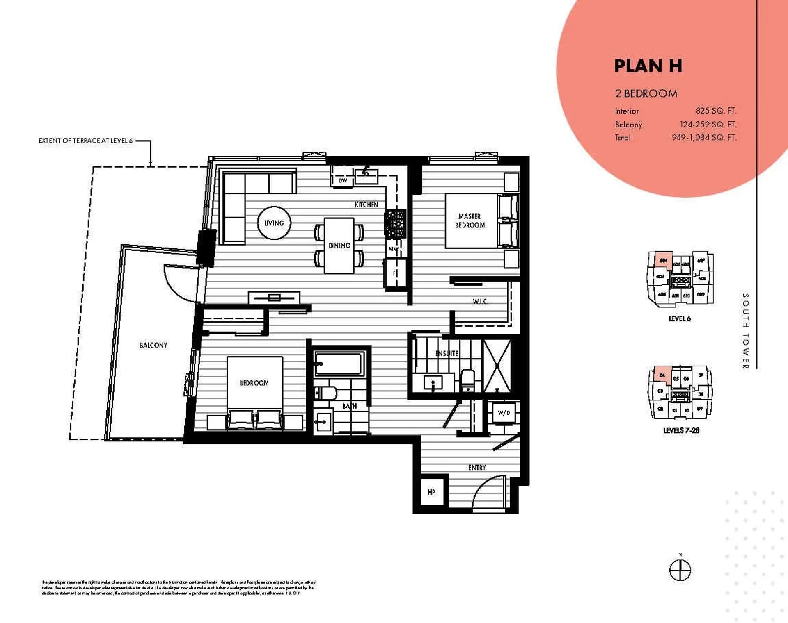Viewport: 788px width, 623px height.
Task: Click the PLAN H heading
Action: [648, 66]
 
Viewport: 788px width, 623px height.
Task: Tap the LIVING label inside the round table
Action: [274, 223]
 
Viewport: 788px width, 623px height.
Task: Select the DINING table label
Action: [339, 246]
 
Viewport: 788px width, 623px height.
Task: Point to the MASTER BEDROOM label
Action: [470, 221]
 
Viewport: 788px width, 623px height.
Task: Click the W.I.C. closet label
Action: [480, 302]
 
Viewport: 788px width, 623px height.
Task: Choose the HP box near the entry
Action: [431, 492]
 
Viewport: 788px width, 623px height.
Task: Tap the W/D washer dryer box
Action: [504, 413]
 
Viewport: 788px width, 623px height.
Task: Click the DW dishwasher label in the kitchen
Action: [343, 181]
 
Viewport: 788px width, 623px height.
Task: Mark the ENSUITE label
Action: [447, 353]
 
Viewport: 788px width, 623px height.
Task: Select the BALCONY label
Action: [153, 345]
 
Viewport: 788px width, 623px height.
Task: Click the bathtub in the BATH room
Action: [339, 363]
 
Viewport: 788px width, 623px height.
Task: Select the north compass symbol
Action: [680, 570]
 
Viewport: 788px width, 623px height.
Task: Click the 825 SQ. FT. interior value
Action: [716, 111]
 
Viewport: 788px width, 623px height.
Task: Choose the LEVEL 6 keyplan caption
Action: [680, 318]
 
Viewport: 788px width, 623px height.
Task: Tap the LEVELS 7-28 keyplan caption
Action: [681, 430]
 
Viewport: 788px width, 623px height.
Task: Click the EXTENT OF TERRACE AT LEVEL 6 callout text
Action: [86, 141]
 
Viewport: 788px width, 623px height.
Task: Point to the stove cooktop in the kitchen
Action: [395, 224]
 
